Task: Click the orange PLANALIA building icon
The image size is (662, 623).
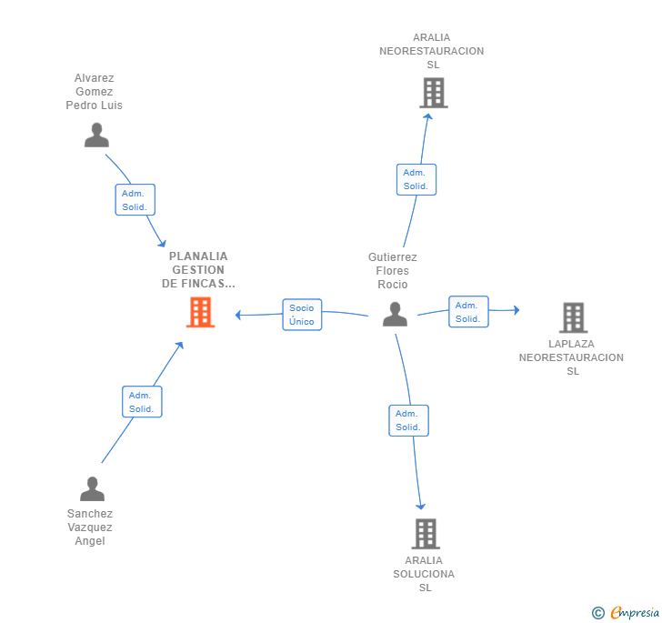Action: point(200,312)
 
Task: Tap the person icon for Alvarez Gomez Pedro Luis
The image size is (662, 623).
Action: point(96,135)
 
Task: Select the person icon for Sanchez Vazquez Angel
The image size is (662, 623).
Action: point(92,488)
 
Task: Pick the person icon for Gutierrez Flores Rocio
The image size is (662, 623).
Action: point(395,314)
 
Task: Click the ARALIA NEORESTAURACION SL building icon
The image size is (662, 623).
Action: point(433,93)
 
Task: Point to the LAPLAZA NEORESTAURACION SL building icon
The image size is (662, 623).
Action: point(573,317)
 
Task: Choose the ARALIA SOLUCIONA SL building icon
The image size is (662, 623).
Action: point(426,534)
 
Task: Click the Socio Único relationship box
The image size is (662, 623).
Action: point(302,315)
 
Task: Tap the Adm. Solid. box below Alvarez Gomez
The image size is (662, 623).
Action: point(135,199)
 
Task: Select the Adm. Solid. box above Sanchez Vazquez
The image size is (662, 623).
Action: point(141,401)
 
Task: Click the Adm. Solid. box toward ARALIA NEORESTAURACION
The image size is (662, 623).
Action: point(416,179)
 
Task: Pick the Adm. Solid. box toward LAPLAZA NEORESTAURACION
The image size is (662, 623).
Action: point(468,312)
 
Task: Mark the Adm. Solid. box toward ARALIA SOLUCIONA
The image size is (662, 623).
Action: point(408,420)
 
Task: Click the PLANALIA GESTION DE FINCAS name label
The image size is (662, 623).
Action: point(198,270)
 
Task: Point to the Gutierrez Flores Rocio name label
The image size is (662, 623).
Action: point(393,271)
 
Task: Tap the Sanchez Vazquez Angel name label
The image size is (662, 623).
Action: point(90,528)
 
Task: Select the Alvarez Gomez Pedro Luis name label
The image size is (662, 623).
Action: point(94,92)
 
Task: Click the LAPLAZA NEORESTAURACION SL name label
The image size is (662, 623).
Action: point(572,357)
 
